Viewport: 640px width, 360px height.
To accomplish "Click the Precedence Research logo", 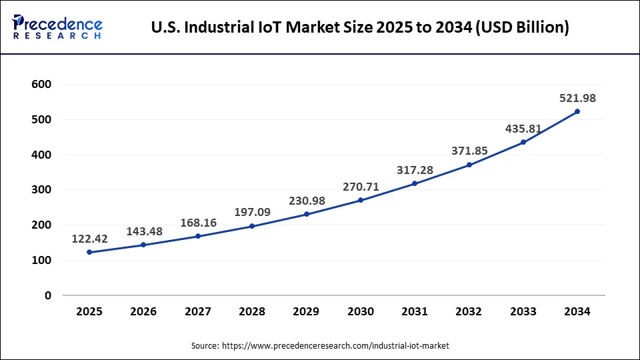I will click(57, 27).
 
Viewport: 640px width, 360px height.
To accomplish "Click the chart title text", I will click(360, 28).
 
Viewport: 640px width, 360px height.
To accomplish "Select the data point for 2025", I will click(89, 252).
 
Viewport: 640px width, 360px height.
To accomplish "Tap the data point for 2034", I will click(577, 111).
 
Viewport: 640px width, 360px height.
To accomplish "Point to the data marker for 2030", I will click(361, 200).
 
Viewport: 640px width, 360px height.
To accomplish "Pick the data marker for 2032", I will click(469, 165).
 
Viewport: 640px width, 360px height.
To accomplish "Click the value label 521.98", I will click(577, 98).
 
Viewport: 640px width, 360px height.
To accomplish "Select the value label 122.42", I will click(89, 238).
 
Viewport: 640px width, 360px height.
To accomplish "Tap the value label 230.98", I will click(307, 200).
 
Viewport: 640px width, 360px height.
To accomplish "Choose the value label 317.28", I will click(415, 170).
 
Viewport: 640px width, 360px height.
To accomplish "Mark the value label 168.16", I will click(198, 223).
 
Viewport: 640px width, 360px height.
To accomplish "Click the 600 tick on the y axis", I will click(41, 85).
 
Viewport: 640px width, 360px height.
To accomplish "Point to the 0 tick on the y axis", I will click(47, 295).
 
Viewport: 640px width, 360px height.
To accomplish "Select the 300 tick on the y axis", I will click(41, 190).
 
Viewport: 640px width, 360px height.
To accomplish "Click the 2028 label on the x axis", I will click(252, 311).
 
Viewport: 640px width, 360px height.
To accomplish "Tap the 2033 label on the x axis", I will click(523, 311).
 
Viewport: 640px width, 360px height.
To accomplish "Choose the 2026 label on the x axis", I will click(143, 311).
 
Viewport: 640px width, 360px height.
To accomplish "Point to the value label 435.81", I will click(523, 129).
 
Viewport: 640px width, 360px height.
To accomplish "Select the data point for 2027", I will click(198, 236).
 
